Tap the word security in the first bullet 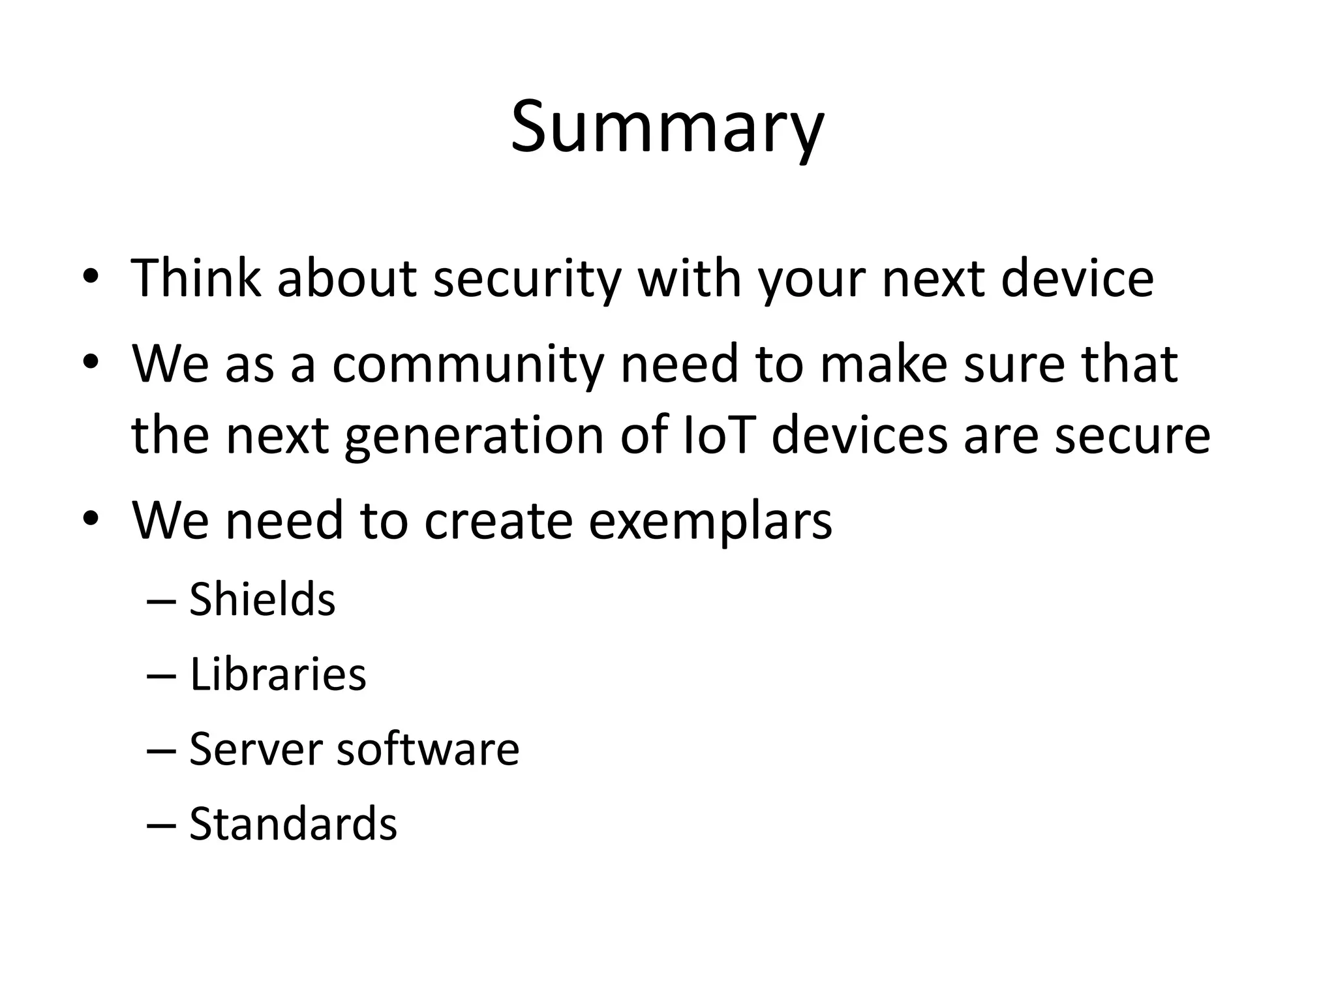tap(526, 279)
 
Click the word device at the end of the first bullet tap(1077, 279)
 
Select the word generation tap(474, 437)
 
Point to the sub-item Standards tap(293, 824)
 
